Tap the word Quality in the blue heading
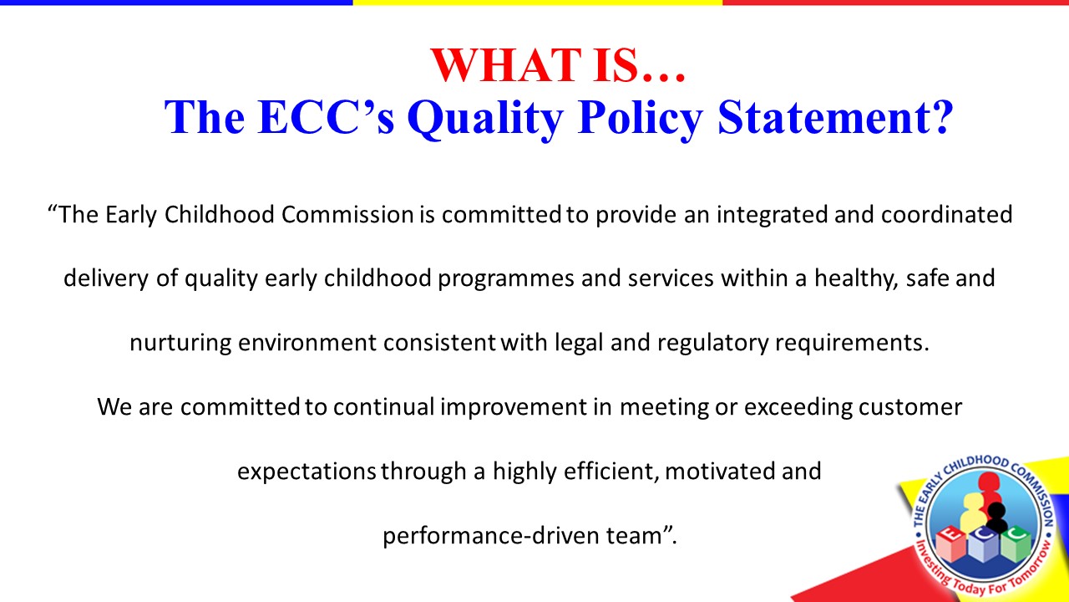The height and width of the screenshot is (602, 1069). point(485,119)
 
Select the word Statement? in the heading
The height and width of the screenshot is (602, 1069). point(835,116)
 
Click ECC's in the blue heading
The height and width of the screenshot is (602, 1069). point(326,116)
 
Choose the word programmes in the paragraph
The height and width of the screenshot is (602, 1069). point(506,279)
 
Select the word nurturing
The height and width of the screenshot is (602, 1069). point(180,343)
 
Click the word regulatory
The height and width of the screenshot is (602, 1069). point(713,343)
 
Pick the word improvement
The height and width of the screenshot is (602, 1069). point(513,407)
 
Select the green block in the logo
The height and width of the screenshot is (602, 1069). point(1016,543)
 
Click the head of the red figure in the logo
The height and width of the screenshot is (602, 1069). point(988,481)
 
